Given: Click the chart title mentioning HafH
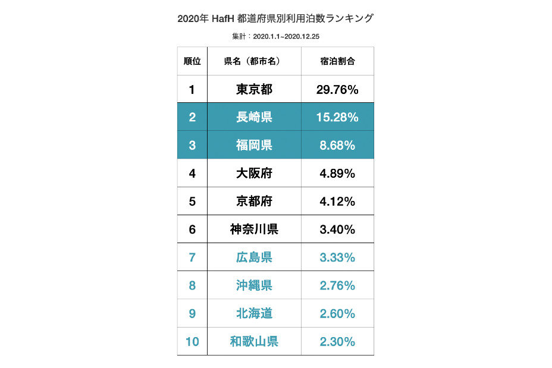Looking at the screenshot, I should pyautogui.click(x=275, y=18).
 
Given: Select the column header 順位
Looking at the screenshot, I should pyautogui.click(x=192, y=61).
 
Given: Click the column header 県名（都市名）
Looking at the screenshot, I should pyautogui.click(x=254, y=61).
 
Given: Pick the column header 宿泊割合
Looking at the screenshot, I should pyautogui.click(x=337, y=61).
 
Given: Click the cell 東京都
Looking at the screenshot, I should pyautogui.click(x=254, y=90).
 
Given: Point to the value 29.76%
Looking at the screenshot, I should pyautogui.click(x=337, y=90).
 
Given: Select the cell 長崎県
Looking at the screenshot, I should pyautogui.click(x=254, y=117).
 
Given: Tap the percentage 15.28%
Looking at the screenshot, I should pyautogui.click(x=337, y=117).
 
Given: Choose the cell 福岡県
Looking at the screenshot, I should pyautogui.click(x=254, y=145).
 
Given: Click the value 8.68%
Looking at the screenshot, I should pyautogui.click(x=337, y=145).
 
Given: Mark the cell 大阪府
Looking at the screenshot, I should pyautogui.click(x=254, y=174).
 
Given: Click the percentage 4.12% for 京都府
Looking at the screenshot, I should pyautogui.click(x=337, y=201).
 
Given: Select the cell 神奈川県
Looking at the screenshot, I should pyautogui.click(x=254, y=229).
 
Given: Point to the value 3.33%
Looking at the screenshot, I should pyautogui.click(x=337, y=257).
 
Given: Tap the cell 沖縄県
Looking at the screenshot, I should pyautogui.click(x=254, y=285).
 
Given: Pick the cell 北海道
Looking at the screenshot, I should pyautogui.click(x=254, y=313).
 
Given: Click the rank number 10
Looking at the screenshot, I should pyautogui.click(x=192, y=341).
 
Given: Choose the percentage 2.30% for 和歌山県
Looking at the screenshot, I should pyautogui.click(x=337, y=341).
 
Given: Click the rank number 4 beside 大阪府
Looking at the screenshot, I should pyautogui.click(x=192, y=174).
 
